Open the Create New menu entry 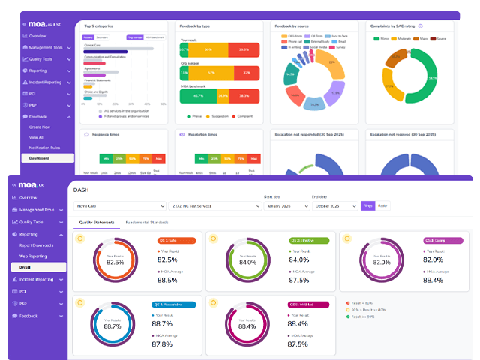[40, 127]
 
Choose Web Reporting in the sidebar [33, 256]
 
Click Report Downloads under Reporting [37, 245]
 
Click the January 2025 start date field [283, 205]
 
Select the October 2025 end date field [333, 205]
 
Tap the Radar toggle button [382, 205]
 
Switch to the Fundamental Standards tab [148, 223]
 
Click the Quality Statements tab [97, 223]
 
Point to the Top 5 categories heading [99, 25]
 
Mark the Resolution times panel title [202, 135]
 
